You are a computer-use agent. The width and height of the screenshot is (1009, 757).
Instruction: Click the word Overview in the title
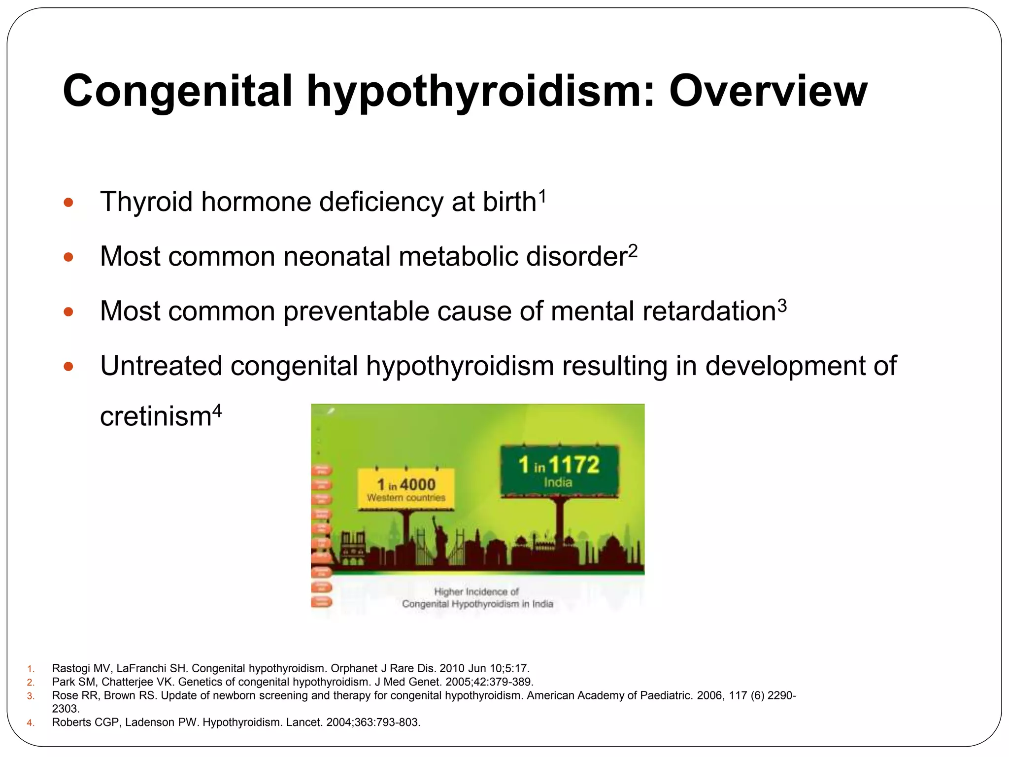(768, 92)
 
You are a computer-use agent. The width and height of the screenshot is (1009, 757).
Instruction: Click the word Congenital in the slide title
(178, 92)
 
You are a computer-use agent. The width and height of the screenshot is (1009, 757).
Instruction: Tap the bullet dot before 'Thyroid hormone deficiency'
(68, 203)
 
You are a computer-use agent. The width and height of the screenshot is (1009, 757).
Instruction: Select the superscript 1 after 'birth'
(542, 196)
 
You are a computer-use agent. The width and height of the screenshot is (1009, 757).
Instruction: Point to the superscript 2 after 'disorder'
(633, 251)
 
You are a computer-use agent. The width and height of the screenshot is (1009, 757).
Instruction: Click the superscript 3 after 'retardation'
(782, 306)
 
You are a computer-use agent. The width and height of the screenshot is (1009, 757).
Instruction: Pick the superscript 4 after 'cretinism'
(217, 410)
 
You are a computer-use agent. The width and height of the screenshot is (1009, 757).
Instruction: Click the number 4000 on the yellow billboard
(418, 485)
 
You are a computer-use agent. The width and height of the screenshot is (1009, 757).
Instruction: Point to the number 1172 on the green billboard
(573, 465)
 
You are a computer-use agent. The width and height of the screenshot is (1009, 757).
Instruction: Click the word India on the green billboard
(558, 482)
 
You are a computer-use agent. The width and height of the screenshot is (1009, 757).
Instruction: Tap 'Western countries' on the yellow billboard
(406, 498)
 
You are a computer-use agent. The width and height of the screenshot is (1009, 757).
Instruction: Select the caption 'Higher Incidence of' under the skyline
(476, 591)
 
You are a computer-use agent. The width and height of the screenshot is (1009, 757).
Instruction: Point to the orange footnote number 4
(31, 723)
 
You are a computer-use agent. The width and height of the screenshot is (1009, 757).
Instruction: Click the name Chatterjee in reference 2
(127, 682)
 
